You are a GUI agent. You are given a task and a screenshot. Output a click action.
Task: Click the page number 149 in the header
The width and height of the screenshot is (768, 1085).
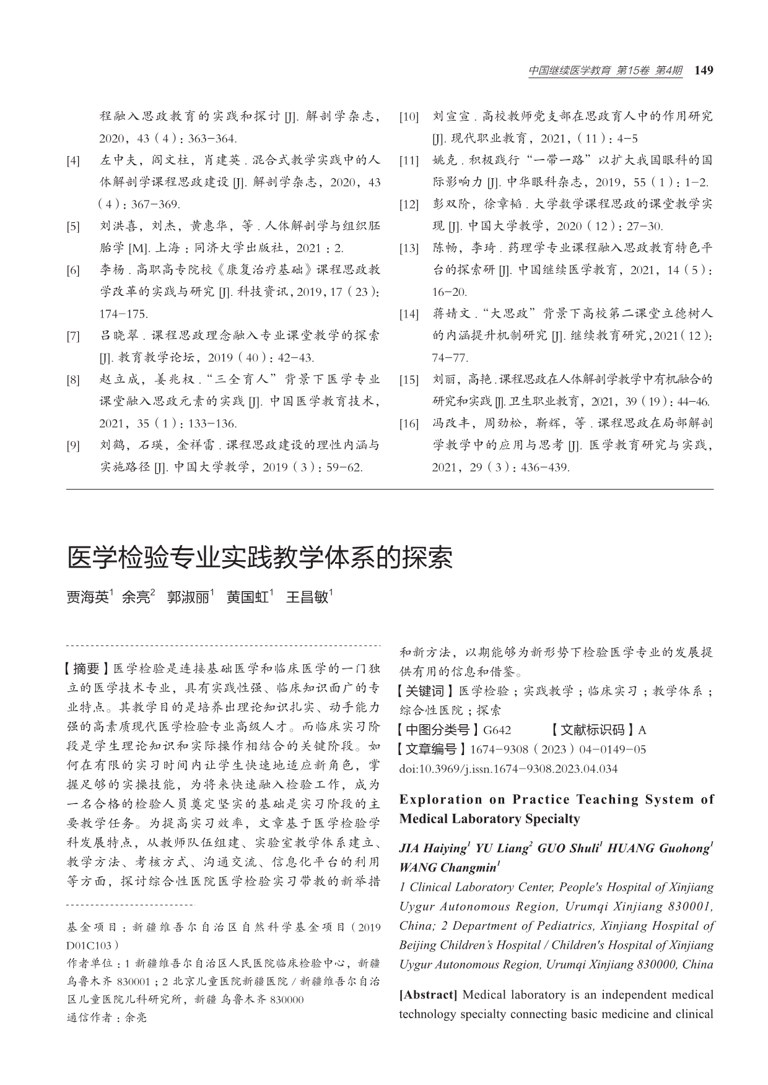click(704, 71)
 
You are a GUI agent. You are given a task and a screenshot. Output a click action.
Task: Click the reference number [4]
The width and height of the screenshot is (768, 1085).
click(74, 161)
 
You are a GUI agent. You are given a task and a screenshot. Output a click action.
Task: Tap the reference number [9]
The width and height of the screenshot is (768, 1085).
click(74, 446)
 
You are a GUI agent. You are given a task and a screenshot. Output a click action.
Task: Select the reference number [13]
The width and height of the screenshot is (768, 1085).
click(409, 249)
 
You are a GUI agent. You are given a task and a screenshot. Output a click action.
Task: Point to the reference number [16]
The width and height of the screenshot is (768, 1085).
click(409, 424)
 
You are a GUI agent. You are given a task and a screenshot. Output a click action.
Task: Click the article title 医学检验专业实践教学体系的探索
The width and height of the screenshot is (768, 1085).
click(260, 558)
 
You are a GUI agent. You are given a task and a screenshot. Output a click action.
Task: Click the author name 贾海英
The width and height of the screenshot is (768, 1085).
click(87, 597)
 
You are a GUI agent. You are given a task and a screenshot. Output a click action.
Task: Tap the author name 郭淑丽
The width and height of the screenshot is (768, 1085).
click(188, 597)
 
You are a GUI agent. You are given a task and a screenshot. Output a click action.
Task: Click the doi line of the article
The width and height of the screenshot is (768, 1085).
click(508, 769)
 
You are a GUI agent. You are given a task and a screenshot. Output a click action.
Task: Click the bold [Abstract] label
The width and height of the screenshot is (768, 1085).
click(428, 995)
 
